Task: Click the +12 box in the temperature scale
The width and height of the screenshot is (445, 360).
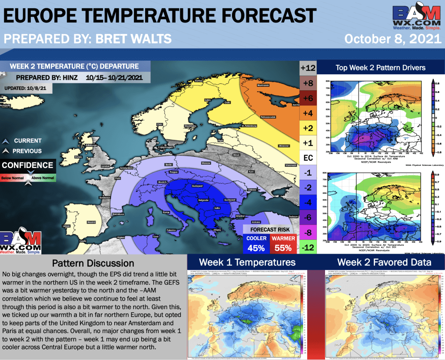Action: pyautogui.click(x=308, y=68)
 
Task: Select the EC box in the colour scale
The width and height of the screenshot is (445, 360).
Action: pyautogui.click(x=308, y=158)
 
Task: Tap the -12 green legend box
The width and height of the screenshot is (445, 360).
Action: pyautogui.click(x=308, y=248)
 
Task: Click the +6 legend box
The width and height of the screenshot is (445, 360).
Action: pyautogui.click(x=308, y=98)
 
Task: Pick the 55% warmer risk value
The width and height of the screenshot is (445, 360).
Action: pyautogui.click(x=283, y=248)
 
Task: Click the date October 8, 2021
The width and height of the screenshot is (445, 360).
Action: pyautogui.click(x=392, y=38)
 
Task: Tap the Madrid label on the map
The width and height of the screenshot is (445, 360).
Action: pyautogui.click(x=91, y=222)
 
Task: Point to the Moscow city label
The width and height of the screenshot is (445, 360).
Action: pyautogui.click(x=284, y=145)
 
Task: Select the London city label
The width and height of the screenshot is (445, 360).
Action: pyautogui.click(x=105, y=166)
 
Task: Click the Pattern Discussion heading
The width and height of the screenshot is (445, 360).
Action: pyautogui.click(x=93, y=263)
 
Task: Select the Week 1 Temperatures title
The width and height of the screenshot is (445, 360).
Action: pyautogui.click(x=247, y=262)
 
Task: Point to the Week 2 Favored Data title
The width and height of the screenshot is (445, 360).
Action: pyautogui.click(x=384, y=262)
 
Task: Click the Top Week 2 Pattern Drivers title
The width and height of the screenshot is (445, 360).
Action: pyautogui.click(x=380, y=67)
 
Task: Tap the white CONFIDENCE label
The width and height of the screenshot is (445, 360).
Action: pyautogui.click(x=27, y=165)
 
